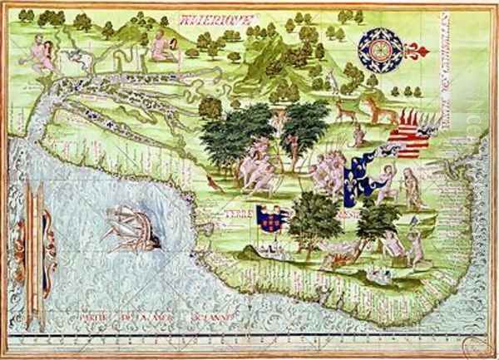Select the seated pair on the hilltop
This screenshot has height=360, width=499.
point(161,47)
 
